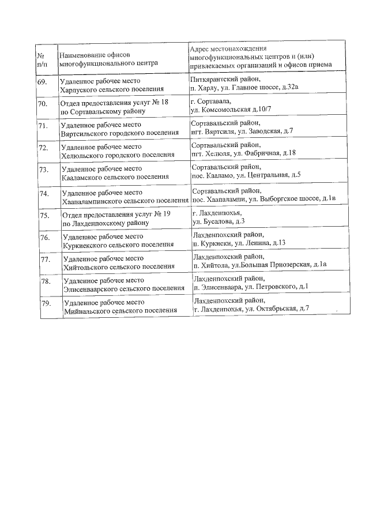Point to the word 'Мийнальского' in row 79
tap(89, 310)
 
